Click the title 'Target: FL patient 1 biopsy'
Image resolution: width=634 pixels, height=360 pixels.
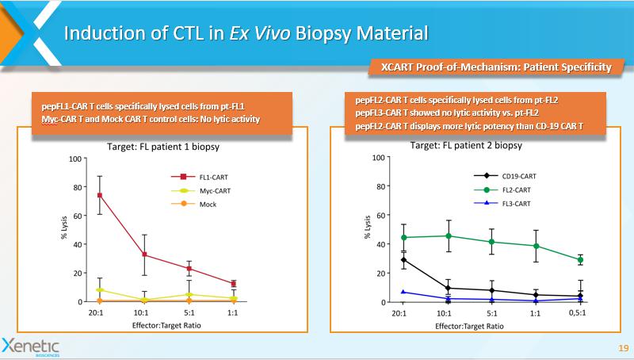point(163,147)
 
